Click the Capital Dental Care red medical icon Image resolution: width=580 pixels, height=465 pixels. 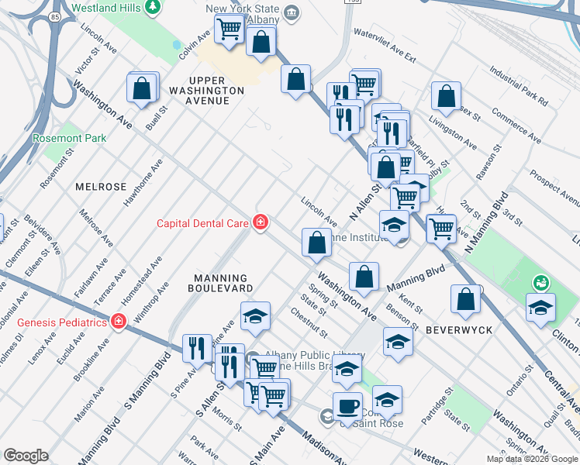click(x=261, y=223)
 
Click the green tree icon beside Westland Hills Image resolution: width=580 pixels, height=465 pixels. click(x=154, y=8)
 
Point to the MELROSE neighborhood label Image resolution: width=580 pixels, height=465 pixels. click(x=101, y=187)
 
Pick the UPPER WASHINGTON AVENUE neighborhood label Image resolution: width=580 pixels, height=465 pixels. click(x=207, y=91)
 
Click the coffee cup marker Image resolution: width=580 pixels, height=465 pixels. click(x=347, y=405)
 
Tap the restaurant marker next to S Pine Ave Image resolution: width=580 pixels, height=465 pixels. click(x=197, y=347)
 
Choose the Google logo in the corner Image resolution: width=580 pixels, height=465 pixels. click(x=26, y=456)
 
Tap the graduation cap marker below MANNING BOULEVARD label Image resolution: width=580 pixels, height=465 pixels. click(x=255, y=315)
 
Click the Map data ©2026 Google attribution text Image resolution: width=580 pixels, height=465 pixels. click(x=532, y=459)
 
